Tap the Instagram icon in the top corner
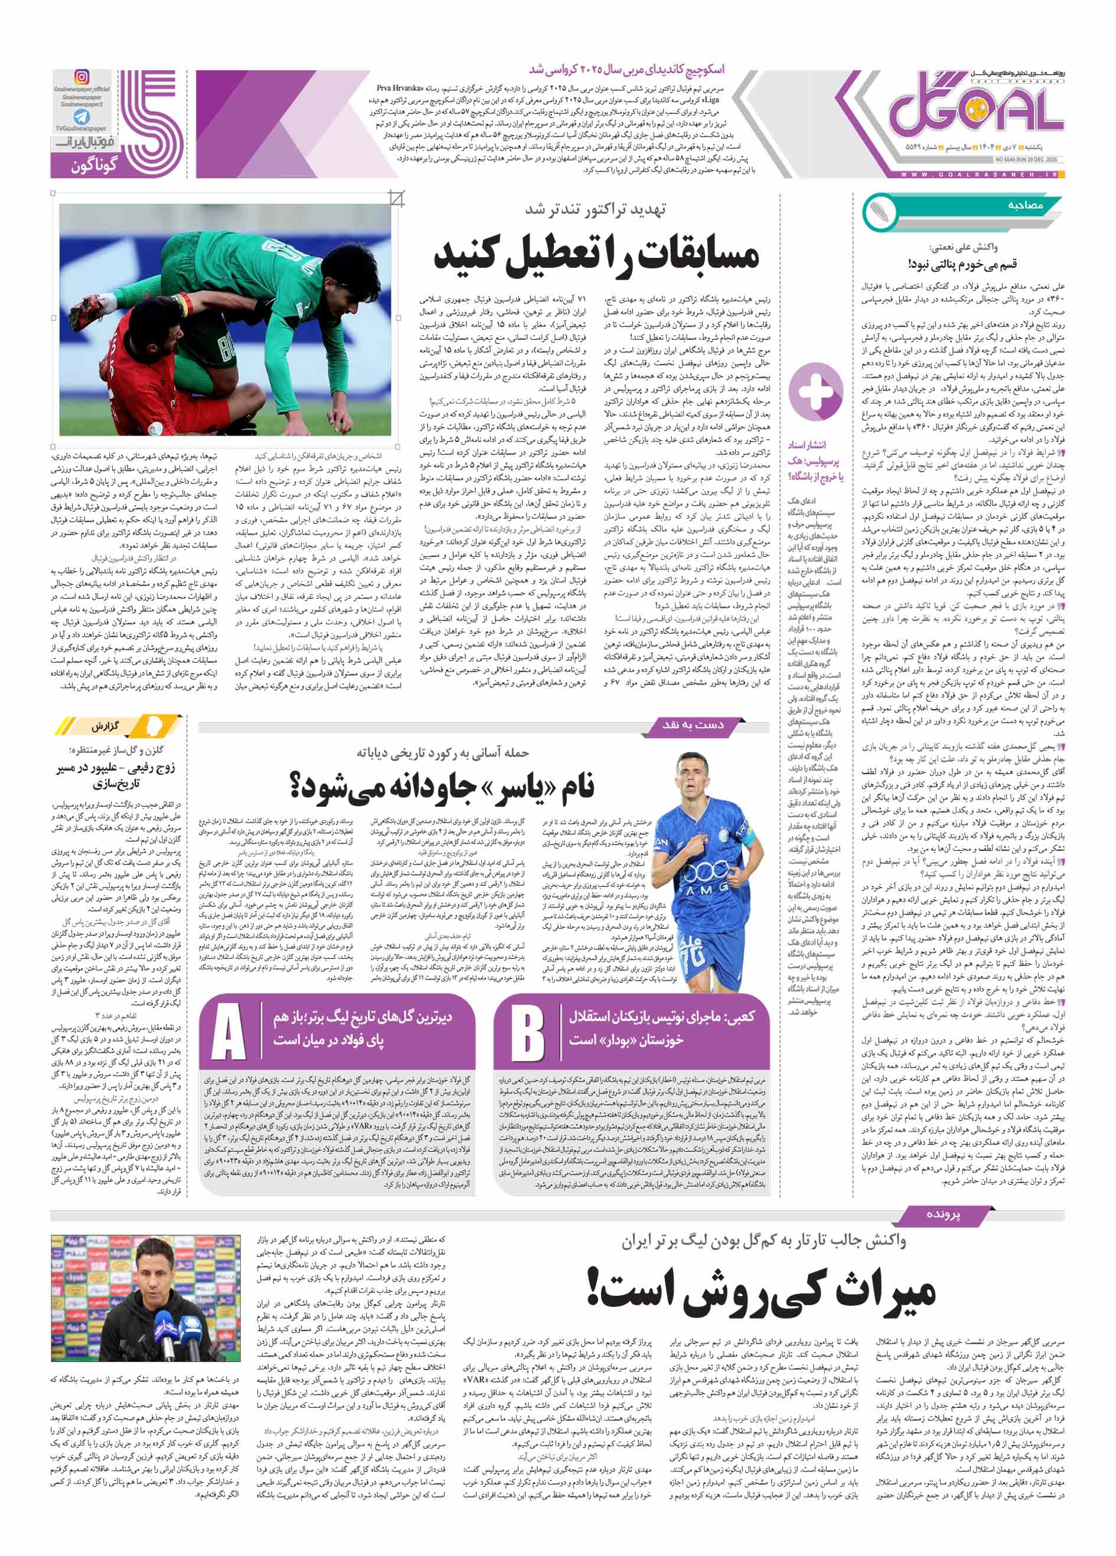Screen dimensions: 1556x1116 (81, 77)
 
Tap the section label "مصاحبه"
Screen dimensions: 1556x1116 (1026, 206)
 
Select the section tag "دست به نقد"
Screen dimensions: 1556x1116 (693, 725)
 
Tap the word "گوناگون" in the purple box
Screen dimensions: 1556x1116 (94, 165)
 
